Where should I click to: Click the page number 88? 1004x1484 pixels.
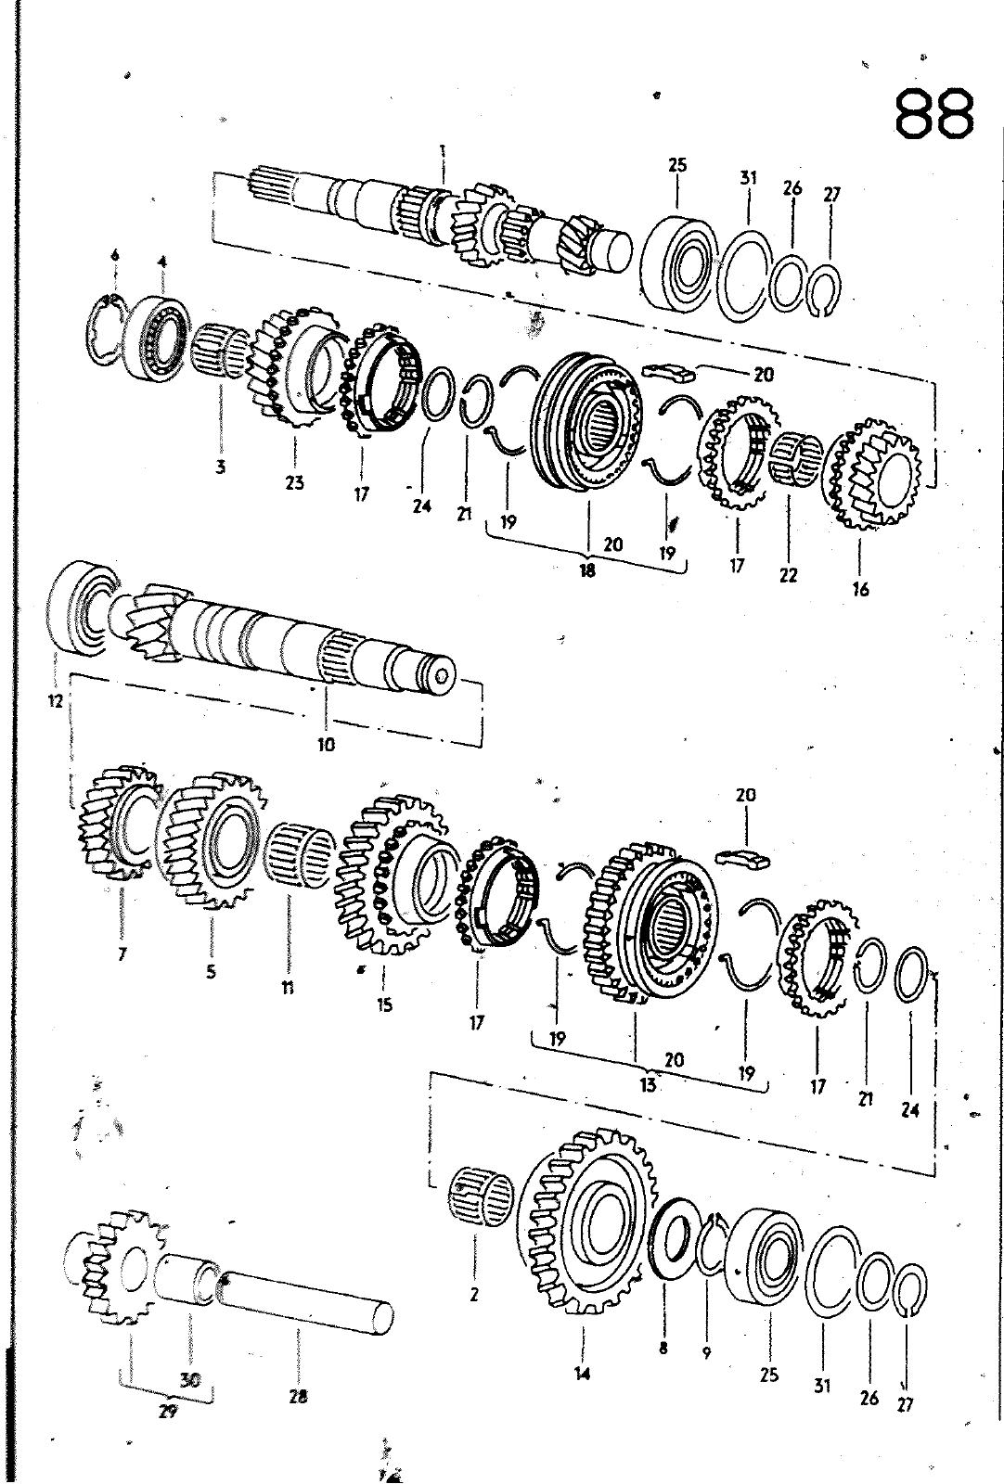point(934,113)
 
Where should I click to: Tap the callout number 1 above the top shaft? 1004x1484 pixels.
point(444,150)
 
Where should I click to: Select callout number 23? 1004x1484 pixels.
point(295,482)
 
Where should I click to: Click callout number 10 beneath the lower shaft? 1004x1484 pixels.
point(326,743)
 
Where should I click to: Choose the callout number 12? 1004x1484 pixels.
point(55,701)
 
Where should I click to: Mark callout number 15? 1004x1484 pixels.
point(385,1004)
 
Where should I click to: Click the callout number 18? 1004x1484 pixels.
point(586,571)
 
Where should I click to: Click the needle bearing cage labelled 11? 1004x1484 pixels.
point(301,854)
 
